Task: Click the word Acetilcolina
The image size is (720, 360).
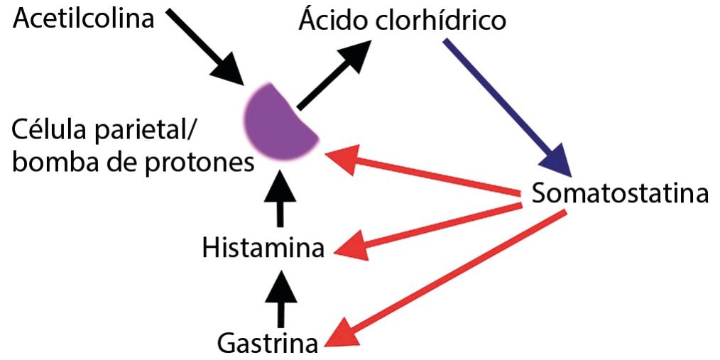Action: coord(84,18)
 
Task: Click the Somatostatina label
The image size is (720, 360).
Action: coord(620,193)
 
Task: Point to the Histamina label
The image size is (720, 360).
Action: coord(263,249)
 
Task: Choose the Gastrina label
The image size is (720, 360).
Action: coord(267,344)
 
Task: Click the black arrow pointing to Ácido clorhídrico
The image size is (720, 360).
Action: coord(334,75)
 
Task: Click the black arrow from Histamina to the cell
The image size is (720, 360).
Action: coord(282,202)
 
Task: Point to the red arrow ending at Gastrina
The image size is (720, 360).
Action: coord(447,278)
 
